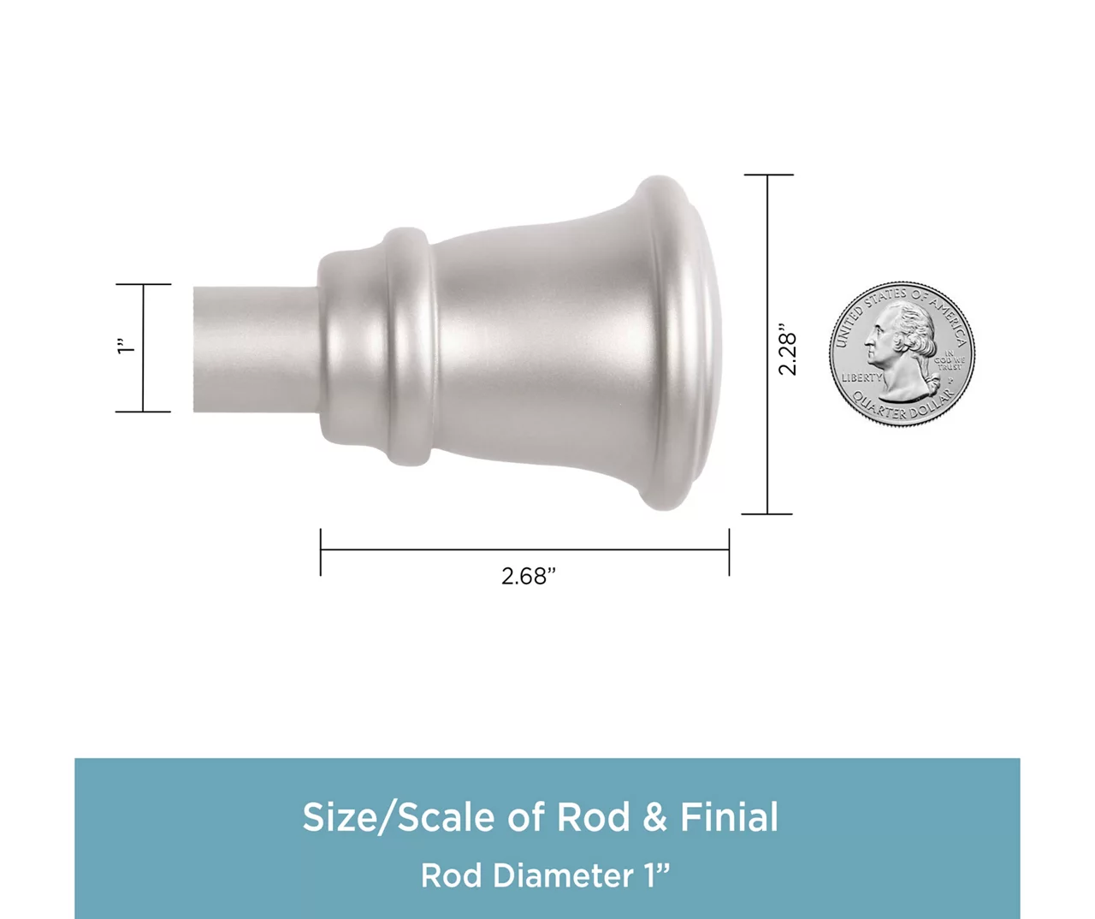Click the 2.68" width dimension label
click(528, 577)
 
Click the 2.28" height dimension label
click(787, 349)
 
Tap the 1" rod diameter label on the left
click(126, 347)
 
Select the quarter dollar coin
click(902, 353)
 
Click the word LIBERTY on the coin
click(861, 377)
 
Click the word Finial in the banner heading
click(729, 817)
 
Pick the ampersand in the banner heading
click(654, 817)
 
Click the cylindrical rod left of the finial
click(252, 349)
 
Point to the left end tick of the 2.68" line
click(321, 551)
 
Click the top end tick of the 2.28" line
click(768, 175)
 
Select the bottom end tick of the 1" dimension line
click(143, 412)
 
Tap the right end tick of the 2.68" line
click(729, 551)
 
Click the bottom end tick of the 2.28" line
click(767, 513)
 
